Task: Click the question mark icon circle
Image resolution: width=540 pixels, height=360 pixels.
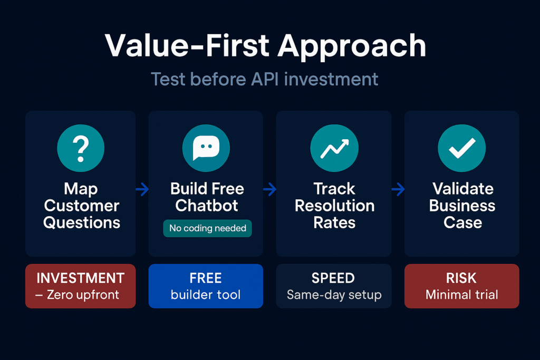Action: click(x=81, y=148)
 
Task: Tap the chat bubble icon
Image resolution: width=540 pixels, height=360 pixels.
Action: click(x=206, y=148)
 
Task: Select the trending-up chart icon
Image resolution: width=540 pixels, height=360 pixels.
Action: click(x=334, y=148)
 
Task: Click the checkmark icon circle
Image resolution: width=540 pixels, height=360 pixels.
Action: click(x=462, y=148)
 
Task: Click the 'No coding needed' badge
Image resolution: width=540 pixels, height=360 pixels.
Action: click(x=208, y=228)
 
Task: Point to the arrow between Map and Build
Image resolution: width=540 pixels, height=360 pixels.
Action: click(x=142, y=189)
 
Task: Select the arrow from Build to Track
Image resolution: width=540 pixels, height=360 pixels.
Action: click(x=270, y=189)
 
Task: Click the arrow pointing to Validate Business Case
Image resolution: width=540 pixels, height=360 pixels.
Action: click(x=398, y=189)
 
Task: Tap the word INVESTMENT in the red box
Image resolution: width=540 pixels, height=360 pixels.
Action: click(x=80, y=278)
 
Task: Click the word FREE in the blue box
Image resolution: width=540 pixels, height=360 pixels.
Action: click(x=206, y=278)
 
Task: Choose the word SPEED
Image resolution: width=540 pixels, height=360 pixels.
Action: click(x=334, y=278)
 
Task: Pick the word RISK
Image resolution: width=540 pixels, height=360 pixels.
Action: click(x=462, y=278)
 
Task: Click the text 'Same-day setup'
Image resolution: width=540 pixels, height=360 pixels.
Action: click(x=334, y=295)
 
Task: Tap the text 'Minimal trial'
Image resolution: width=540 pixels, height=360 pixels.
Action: click(x=462, y=295)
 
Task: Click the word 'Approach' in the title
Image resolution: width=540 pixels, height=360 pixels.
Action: click(x=352, y=46)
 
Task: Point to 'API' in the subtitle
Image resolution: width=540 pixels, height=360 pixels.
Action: click(x=265, y=79)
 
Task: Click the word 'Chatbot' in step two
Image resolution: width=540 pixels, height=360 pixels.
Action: click(x=207, y=206)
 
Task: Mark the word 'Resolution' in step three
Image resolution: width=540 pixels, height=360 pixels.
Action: click(x=334, y=206)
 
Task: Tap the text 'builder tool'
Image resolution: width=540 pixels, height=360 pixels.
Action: click(x=206, y=295)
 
